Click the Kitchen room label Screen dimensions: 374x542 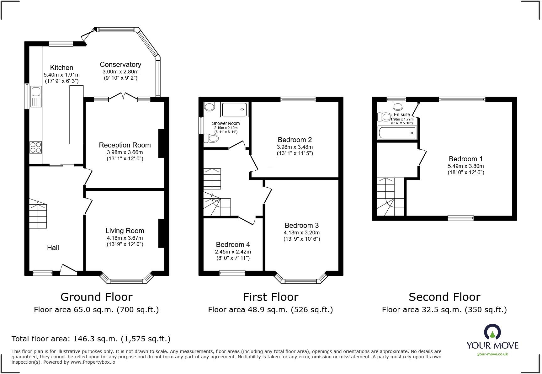click(x=61, y=67)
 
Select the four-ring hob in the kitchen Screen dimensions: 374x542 click(x=35, y=147)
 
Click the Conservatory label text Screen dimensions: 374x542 click(x=120, y=64)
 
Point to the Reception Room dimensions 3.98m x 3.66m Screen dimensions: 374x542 click(x=125, y=152)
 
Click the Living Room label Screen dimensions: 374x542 click(x=125, y=231)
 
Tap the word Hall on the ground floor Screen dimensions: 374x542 click(x=53, y=248)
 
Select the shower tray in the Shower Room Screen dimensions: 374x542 click(x=235, y=110)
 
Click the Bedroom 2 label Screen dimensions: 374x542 click(x=295, y=140)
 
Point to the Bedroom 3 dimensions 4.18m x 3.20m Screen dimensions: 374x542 click(x=302, y=232)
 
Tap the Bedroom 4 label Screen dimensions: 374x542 click(x=233, y=244)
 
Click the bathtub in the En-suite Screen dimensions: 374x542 click(x=397, y=133)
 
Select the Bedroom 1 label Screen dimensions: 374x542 click(x=465, y=159)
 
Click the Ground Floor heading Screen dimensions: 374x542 click(x=96, y=297)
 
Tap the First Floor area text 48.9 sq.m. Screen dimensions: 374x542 click(x=270, y=310)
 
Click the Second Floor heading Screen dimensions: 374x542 click(x=444, y=297)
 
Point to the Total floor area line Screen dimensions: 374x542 click(x=91, y=339)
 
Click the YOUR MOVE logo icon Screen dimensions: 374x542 click(x=492, y=332)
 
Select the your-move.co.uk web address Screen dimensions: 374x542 click(x=492, y=354)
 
